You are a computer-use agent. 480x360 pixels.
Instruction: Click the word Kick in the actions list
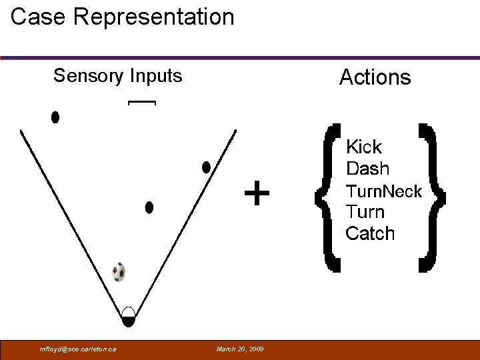coord(363,147)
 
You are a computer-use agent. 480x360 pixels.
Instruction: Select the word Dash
coord(367,169)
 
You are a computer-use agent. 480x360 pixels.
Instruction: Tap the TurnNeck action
coord(383,191)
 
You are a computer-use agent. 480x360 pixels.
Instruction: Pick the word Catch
coord(370,233)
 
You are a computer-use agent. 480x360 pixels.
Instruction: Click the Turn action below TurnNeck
coord(365,212)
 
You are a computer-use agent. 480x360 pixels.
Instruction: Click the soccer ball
coord(119,272)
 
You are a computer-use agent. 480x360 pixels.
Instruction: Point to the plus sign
coord(257,194)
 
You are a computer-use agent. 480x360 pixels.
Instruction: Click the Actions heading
coord(375,77)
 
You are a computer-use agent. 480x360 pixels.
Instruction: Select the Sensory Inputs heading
coord(117,76)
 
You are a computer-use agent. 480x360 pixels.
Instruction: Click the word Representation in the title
coord(154,17)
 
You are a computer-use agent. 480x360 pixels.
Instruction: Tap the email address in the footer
coord(79,349)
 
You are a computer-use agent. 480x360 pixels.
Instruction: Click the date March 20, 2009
coord(240,349)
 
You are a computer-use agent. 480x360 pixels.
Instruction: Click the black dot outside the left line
coord(55,117)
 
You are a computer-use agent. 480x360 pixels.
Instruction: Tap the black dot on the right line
coord(206,167)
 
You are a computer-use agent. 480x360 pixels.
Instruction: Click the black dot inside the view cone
coord(149,207)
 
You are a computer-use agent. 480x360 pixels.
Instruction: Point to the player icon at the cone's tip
coord(129,316)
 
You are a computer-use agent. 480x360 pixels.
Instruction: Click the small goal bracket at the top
coord(141,103)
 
